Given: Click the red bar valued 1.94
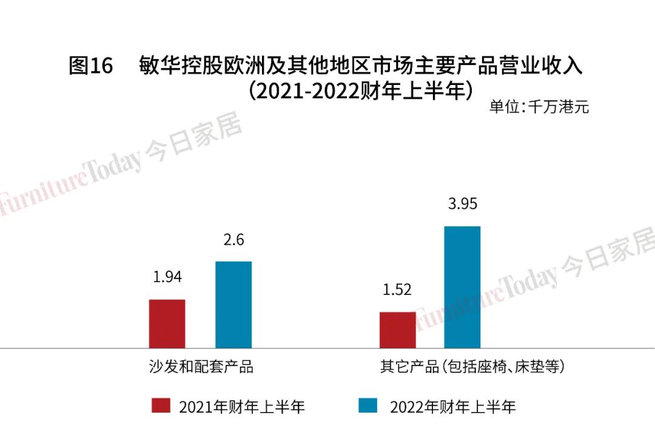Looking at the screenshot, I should (x=167, y=323).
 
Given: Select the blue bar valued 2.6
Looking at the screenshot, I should (x=233, y=305).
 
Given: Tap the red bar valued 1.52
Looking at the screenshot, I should (x=397, y=329).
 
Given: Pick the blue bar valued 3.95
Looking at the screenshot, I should (x=462, y=287).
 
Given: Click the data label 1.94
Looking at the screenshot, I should (x=167, y=277).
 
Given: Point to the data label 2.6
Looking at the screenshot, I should (x=233, y=240).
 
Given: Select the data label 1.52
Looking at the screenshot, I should (x=397, y=290).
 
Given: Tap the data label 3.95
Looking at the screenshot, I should (x=462, y=204).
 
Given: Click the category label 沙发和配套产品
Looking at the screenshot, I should (x=201, y=367).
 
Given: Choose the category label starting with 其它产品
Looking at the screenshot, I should (x=472, y=367).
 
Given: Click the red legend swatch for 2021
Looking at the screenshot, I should (x=161, y=405).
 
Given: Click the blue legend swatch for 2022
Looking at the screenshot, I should (x=368, y=405).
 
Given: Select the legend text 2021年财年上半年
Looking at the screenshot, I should (x=241, y=407).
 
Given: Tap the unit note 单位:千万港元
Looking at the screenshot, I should (x=539, y=107).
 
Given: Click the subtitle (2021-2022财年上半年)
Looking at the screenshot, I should (x=360, y=92).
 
